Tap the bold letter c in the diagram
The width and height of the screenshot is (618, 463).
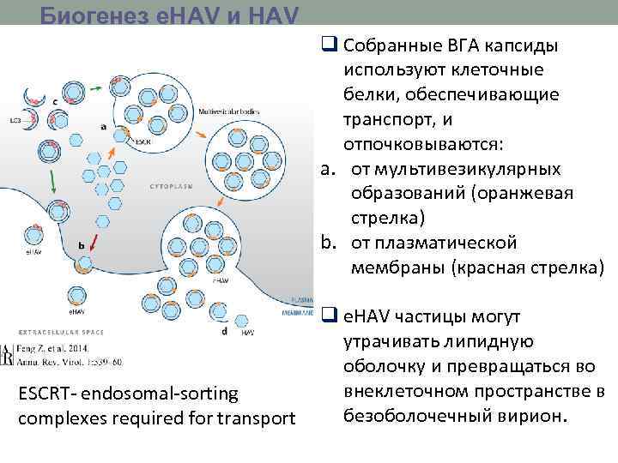(x=56, y=102)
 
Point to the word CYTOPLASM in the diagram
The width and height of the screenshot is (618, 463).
(x=170, y=185)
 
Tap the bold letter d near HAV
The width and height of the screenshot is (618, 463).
(x=224, y=330)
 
